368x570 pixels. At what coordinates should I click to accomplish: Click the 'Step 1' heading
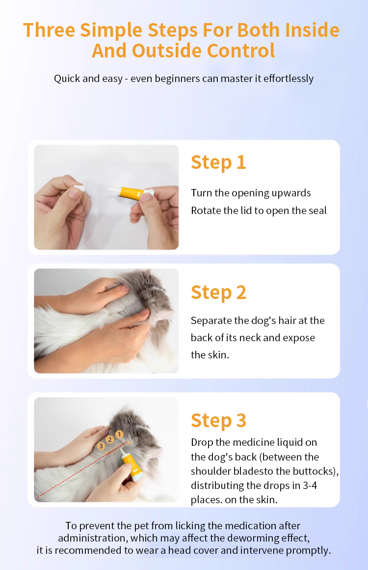click(x=218, y=162)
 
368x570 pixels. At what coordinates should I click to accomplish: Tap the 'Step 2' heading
click(x=218, y=293)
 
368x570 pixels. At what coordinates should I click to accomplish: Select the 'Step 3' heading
click(x=218, y=421)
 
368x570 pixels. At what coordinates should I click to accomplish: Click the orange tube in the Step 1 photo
click(x=131, y=191)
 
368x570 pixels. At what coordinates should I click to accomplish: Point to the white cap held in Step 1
click(x=79, y=188)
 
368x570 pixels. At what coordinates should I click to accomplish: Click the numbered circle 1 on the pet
click(x=119, y=434)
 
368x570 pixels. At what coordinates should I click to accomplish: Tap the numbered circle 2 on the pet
click(x=110, y=440)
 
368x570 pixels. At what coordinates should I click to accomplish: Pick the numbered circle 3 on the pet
click(x=101, y=446)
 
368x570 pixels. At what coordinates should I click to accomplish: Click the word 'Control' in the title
click(x=241, y=51)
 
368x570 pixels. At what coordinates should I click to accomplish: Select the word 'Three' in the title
click(x=49, y=30)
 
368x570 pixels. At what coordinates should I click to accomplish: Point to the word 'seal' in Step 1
click(x=317, y=211)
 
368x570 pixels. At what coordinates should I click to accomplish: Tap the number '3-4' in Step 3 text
click(x=310, y=486)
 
